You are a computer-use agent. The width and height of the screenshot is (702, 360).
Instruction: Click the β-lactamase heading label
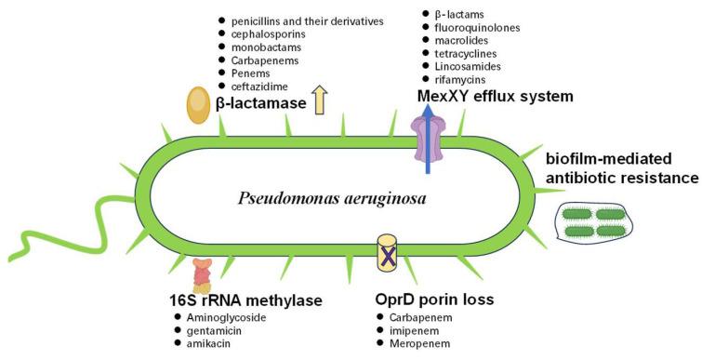261,103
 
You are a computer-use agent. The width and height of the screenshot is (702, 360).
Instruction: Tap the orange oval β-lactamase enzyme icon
197,104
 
